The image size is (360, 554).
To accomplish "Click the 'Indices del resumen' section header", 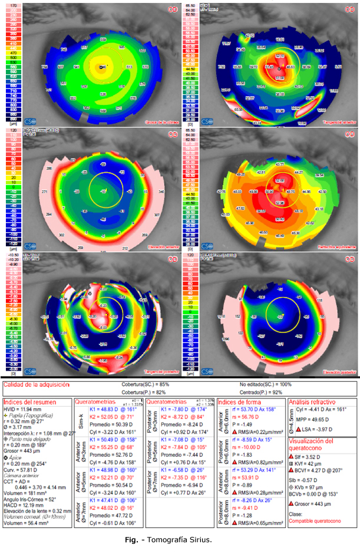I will (29, 402).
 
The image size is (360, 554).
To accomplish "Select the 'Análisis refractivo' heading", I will (316, 402).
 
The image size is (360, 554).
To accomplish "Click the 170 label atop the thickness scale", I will (13, 5).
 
